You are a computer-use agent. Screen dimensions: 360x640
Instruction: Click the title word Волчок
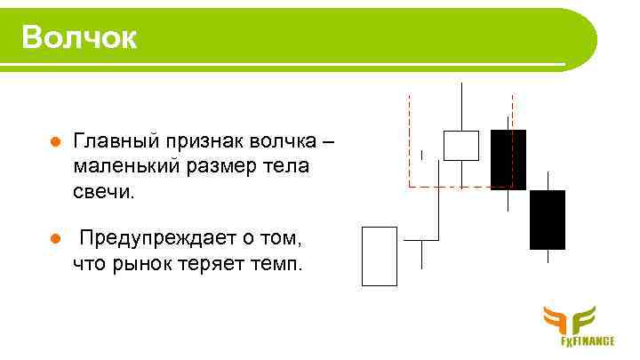(80, 37)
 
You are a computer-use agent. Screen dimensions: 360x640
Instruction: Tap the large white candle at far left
(380, 256)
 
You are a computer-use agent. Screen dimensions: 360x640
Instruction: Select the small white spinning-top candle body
(461, 146)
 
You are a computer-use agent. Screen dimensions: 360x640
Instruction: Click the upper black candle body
(508, 158)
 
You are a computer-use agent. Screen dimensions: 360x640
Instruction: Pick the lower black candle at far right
(547, 219)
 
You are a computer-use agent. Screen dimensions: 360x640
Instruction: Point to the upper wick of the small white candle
(461, 107)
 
